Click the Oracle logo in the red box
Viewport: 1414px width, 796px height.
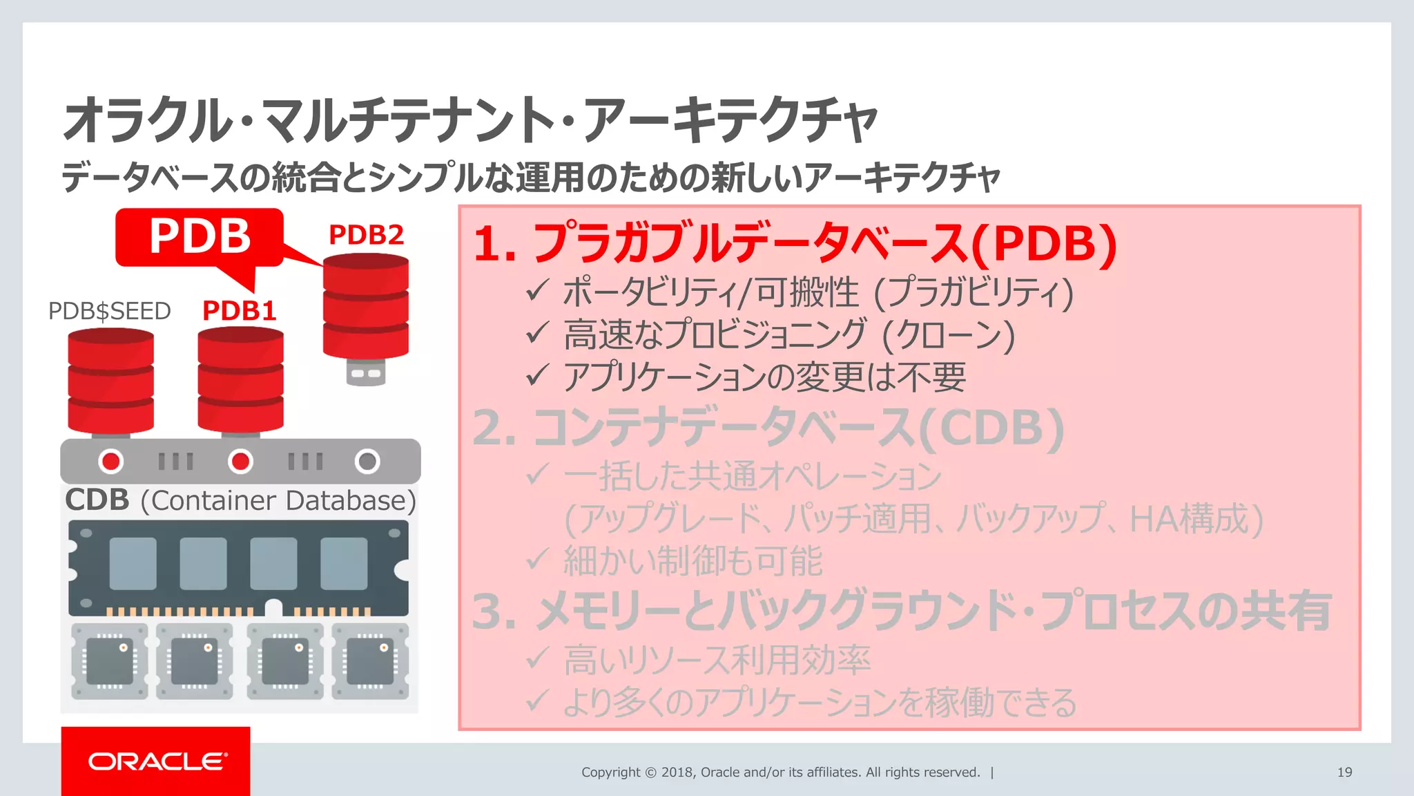[157, 761]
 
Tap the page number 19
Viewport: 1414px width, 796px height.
[1344, 773]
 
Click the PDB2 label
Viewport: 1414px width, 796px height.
[366, 235]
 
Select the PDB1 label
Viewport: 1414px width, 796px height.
[240, 311]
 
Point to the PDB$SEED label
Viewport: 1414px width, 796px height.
[109, 311]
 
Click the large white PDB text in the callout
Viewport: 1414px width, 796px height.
[200, 236]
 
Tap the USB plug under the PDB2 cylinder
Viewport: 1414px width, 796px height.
[366, 372]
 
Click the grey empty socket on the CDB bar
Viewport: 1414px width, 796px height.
[367, 461]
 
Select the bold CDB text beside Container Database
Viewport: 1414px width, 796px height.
[97, 500]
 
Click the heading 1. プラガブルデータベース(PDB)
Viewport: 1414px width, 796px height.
[794, 243]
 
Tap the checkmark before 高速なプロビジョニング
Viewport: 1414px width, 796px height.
[537, 333]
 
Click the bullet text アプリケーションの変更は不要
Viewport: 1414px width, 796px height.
[764, 377]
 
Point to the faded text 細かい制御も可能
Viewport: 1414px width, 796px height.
[693, 560]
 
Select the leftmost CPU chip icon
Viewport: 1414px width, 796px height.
[110, 661]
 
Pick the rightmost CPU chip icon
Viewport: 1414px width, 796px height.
[370, 661]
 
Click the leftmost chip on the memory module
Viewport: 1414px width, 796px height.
[133, 563]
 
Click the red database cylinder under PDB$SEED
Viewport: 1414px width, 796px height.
[110, 381]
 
